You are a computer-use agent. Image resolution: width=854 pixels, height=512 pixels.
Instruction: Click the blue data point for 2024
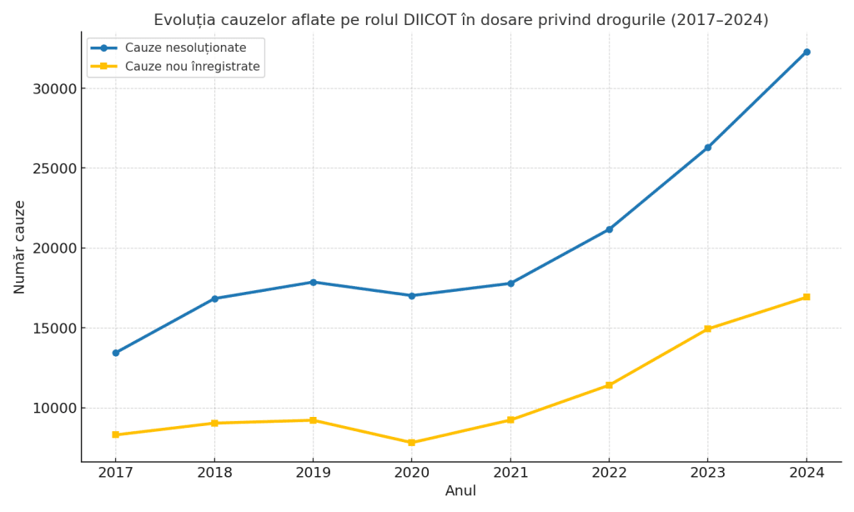806,52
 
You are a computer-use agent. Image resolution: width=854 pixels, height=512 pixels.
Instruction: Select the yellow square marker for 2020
411,443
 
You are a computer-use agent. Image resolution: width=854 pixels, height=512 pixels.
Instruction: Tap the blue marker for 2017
115,353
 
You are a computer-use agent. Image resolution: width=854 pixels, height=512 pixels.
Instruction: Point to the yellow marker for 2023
707,329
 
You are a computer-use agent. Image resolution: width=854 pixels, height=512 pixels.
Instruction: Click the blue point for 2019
313,282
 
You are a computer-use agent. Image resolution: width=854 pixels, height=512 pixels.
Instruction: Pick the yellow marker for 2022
609,385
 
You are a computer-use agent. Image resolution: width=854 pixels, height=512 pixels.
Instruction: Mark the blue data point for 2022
609,229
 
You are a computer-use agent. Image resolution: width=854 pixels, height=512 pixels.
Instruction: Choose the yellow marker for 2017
115,434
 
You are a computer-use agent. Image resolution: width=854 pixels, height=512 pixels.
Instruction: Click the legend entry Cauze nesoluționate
185,48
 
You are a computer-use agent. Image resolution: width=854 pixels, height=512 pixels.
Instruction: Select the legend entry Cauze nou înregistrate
192,67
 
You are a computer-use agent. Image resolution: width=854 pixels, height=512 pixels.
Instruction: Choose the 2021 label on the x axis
510,473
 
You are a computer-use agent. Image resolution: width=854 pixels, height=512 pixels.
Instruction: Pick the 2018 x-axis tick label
214,473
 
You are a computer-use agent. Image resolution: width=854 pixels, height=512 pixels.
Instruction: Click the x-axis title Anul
460,491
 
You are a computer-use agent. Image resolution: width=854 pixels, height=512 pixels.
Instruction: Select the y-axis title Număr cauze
20,247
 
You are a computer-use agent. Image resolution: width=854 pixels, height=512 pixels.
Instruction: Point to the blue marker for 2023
707,148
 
